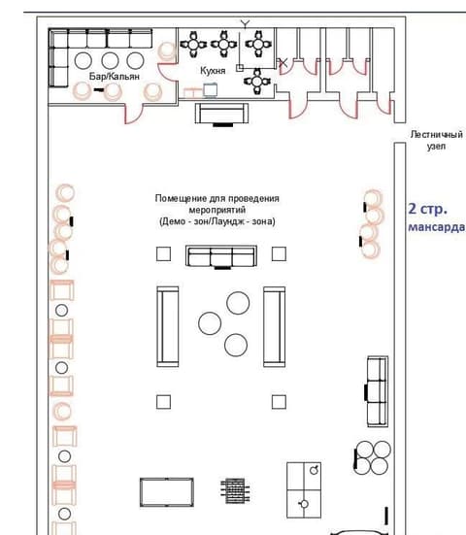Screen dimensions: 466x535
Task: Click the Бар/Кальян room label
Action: tap(115, 77)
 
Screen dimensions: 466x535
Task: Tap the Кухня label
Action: tap(213, 71)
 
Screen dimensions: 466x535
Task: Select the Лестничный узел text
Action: tap(436, 140)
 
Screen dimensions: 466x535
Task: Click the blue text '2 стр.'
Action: tap(427, 209)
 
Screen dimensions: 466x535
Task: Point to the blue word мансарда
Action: tap(437, 227)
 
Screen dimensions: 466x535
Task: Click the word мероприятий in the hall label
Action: tap(217, 210)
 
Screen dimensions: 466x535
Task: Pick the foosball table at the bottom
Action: tap(235, 491)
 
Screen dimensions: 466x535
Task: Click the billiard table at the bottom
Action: tap(167, 492)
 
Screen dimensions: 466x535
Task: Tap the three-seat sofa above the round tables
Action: tap(221, 256)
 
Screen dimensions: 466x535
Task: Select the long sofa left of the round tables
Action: tap(168, 326)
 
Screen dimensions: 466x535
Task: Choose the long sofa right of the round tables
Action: tap(275, 326)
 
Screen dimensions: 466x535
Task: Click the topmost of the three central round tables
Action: tap(238, 303)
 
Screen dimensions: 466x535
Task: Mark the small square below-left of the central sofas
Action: tap(163, 402)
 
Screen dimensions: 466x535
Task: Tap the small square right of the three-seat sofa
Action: tap(279, 253)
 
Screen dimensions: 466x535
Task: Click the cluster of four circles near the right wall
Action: tap(372, 457)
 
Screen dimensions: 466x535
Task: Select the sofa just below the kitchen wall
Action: tap(221, 114)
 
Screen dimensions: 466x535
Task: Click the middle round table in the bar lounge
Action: tap(110, 61)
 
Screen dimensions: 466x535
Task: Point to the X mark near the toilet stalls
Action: tap(283, 63)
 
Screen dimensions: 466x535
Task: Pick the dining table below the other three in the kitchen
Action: tap(257, 82)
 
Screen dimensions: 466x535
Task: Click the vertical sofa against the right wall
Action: tap(378, 391)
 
